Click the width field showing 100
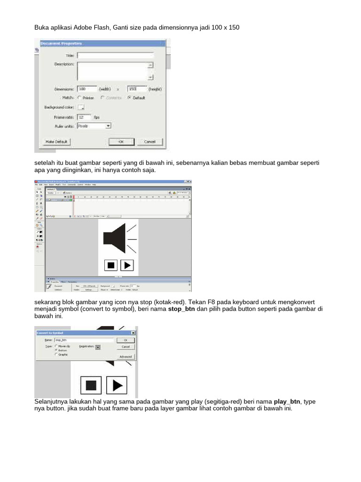pos(87,88)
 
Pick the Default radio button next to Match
pos(129,98)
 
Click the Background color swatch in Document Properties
pos(80,107)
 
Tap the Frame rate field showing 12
pos(83,117)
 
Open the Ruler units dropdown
pos(108,126)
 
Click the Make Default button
pos(56,141)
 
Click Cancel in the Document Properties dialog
pos(149,141)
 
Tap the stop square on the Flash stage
pos(111,265)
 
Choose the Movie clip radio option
pos(56,345)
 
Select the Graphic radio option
pos(56,354)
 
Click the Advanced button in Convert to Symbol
pos(126,357)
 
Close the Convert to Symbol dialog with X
pos(133,332)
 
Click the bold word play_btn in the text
pos(287,402)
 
